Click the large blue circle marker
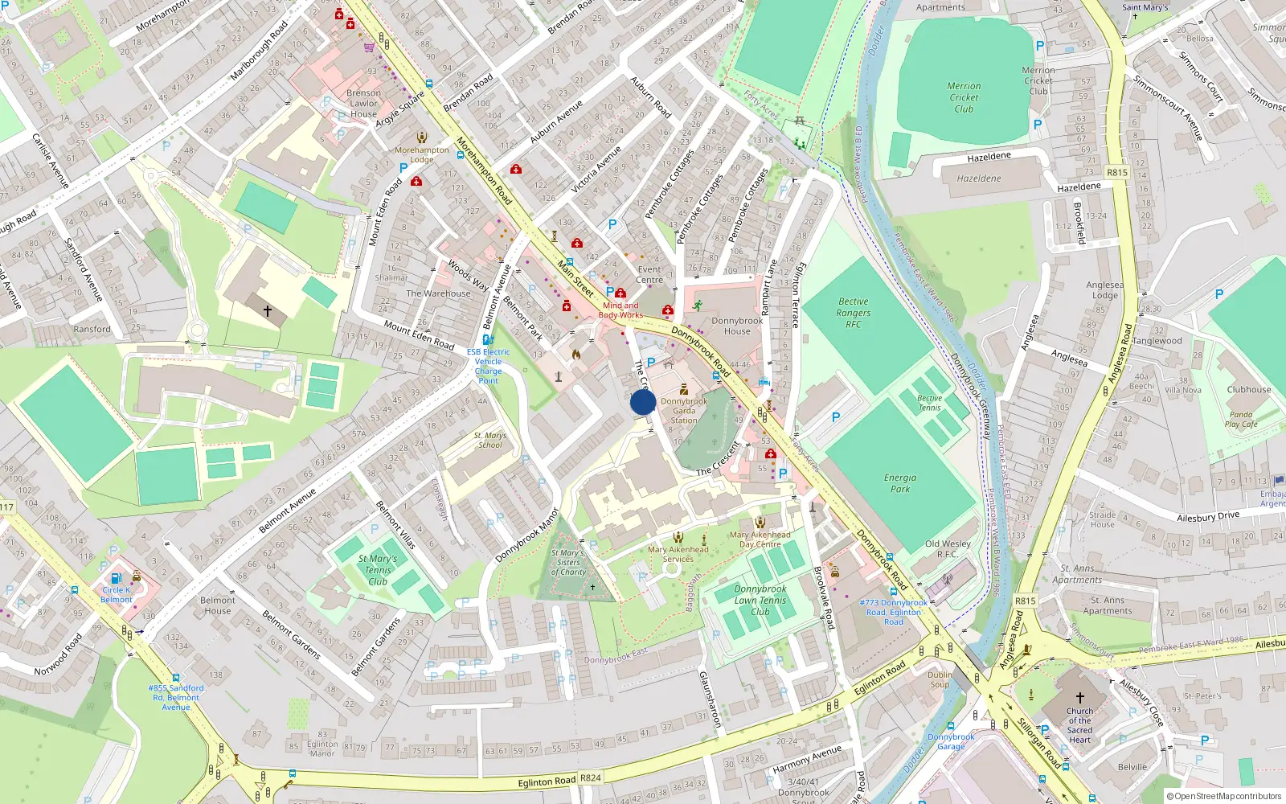(643, 402)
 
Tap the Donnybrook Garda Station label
(684, 410)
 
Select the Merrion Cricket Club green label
(964, 97)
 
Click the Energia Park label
(900, 483)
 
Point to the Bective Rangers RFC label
(853, 313)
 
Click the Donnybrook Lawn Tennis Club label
(760, 600)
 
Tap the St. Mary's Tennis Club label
(378, 570)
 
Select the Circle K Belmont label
(117, 595)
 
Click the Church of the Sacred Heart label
(1080, 725)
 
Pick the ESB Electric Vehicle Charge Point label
(488, 366)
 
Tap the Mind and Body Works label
(621, 310)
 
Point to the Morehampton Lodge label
(422, 154)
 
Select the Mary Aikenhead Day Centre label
(760, 539)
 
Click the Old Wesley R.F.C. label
(948, 548)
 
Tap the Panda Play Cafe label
(1241, 420)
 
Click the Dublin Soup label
(940, 679)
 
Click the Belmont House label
(218, 605)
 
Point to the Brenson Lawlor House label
(363, 103)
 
